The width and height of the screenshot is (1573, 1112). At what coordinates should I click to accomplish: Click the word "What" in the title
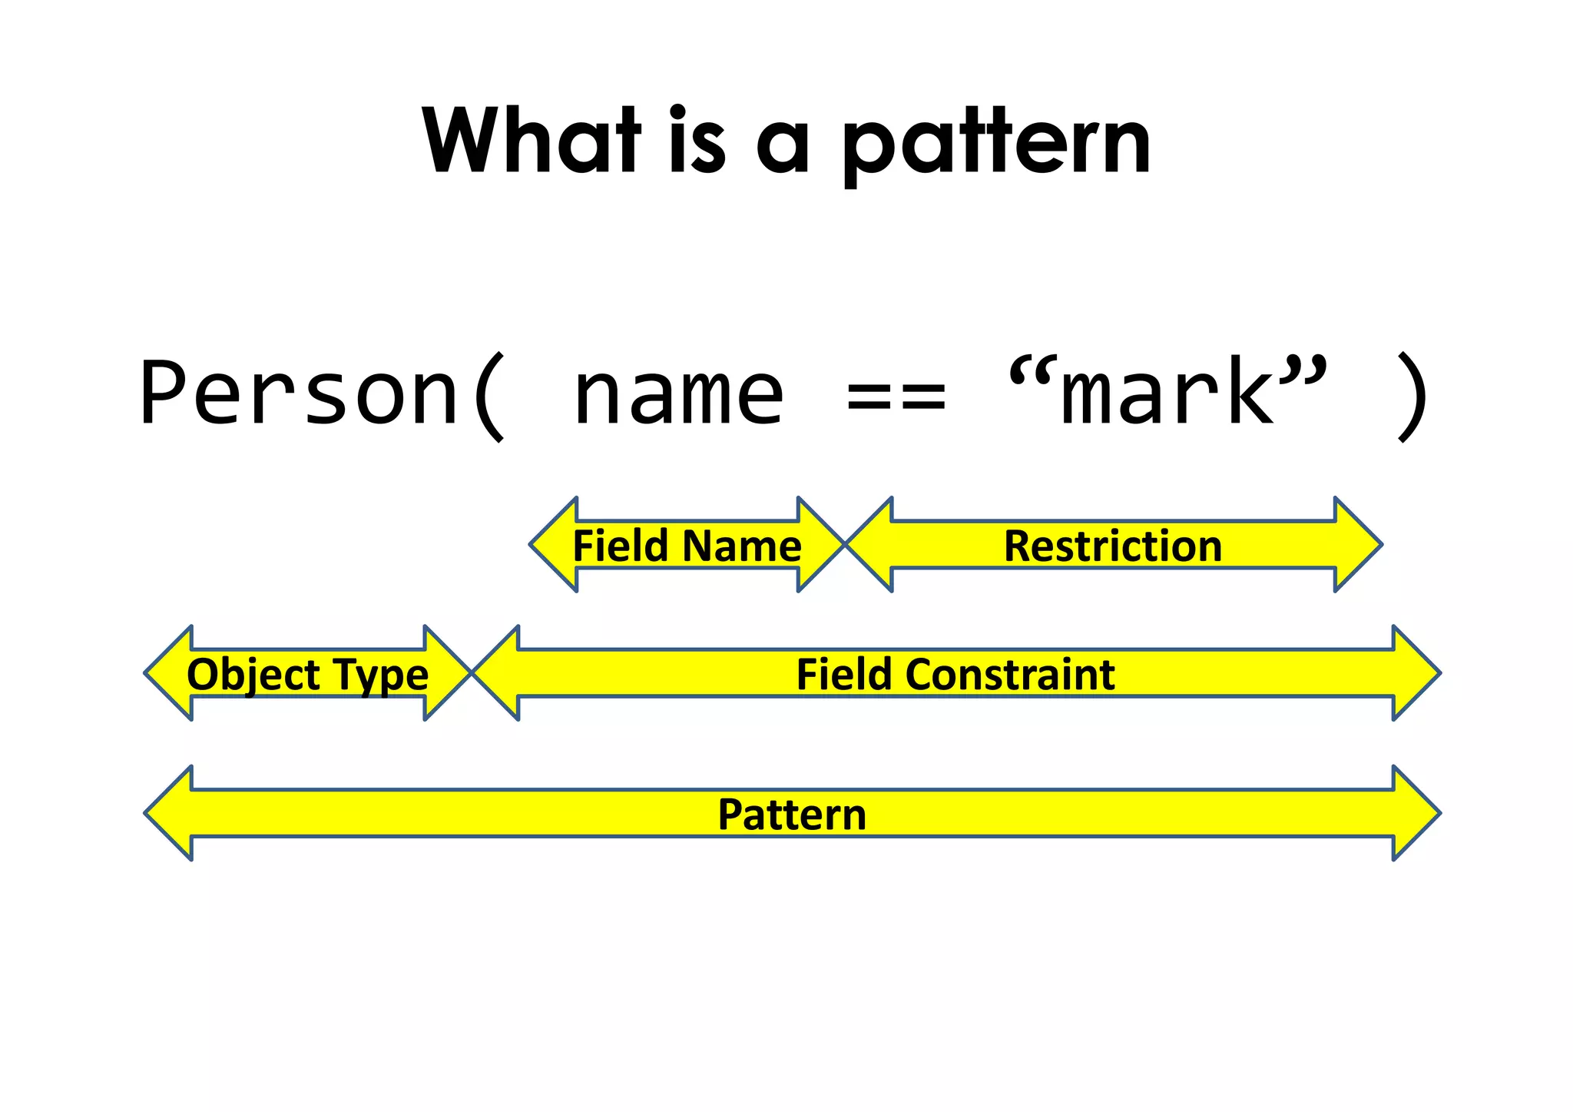[x=532, y=141]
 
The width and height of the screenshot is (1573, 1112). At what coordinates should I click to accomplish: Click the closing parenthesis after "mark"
[x=1412, y=397]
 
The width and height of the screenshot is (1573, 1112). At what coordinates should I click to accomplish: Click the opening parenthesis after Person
[x=489, y=397]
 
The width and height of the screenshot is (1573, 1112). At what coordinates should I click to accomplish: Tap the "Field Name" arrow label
[x=687, y=546]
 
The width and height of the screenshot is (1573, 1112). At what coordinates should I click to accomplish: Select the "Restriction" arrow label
[x=1112, y=546]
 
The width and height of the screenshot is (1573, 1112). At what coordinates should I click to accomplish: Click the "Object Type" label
[x=307, y=674]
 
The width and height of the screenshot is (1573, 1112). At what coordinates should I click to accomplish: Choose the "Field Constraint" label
[x=955, y=674]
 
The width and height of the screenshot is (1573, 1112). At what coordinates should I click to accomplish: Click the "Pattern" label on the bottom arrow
[x=792, y=814]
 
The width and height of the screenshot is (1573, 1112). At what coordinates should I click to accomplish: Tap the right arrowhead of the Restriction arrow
[x=1357, y=545]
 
